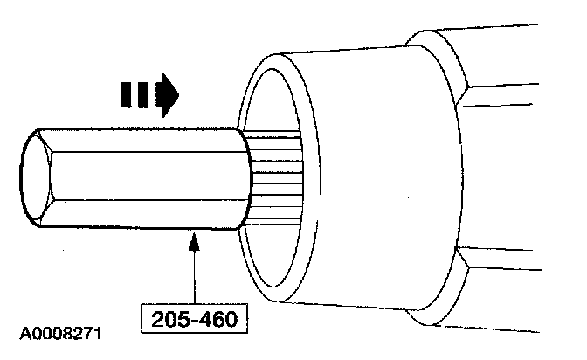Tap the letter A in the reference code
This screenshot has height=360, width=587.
(18, 334)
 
